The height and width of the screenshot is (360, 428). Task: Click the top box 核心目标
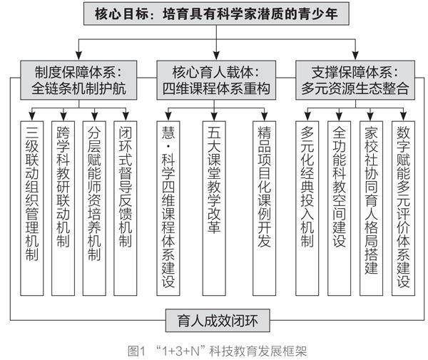(x=216, y=14)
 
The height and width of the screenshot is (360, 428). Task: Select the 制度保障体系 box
(x=78, y=80)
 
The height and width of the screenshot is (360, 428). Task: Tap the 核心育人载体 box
(x=216, y=80)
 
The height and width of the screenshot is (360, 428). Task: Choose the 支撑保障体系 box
(x=355, y=80)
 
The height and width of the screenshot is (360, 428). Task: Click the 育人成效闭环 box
(x=218, y=321)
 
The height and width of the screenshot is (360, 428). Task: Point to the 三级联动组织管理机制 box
(x=32, y=208)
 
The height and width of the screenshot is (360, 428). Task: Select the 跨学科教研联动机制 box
(x=63, y=208)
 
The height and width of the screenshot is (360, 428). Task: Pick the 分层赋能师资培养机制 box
(x=94, y=208)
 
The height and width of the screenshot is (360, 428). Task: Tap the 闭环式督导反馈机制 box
(x=126, y=208)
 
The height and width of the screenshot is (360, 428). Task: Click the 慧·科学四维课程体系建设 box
(x=168, y=208)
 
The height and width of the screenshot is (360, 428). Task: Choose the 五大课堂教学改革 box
(x=214, y=208)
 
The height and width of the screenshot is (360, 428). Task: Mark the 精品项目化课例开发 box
(x=264, y=208)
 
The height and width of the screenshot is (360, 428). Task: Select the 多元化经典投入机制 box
(x=307, y=208)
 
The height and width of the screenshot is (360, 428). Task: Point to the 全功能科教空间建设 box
(x=339, y=208)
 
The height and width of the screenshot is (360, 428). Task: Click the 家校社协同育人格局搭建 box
(x=371, y=208)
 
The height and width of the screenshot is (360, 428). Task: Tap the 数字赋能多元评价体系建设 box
(x=403, y=208)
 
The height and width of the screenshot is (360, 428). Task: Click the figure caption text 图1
(x=136, y=351)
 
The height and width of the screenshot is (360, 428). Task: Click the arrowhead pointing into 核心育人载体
(x=216, y=56)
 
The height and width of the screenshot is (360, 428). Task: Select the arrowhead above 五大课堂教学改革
(x=214, y=116)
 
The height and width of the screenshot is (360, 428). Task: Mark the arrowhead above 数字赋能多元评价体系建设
(x=403, y=116)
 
